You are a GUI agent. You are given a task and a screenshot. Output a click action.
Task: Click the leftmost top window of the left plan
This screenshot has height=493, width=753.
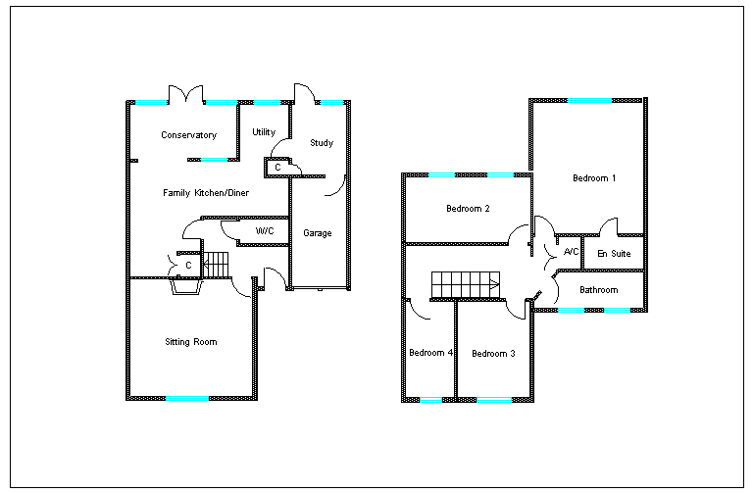tap(151, 102)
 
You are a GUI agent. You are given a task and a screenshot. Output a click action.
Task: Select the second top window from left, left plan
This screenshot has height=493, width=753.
tap(222, 102)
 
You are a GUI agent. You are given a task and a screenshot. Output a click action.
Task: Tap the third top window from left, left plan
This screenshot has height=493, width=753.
tap(267, 102)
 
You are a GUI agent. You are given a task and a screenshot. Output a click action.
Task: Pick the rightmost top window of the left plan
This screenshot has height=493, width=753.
tap(332, 102)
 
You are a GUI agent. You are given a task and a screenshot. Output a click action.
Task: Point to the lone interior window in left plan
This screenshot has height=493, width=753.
tap(214, 160)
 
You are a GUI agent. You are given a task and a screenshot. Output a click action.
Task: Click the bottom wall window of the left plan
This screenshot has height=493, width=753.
tap(187, 398)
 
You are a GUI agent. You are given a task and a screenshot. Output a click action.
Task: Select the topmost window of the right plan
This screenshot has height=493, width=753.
tap(589, 100)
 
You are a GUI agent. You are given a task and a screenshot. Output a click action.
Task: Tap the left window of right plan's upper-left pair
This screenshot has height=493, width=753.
tap(441, 174)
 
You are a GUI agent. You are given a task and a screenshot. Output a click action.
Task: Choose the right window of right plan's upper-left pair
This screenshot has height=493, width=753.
tap(500, 174)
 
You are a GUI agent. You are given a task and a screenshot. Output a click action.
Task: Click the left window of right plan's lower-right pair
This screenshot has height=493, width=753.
tap(571, 310)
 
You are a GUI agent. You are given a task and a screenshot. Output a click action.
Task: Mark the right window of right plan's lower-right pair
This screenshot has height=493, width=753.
tap(617, 310)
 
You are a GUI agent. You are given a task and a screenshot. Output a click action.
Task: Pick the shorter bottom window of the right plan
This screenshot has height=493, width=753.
tap(430, 400)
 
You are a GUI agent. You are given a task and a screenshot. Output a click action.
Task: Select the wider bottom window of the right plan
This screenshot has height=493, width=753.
tap(494, 400)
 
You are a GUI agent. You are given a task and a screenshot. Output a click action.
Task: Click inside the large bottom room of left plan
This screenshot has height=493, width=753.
tap(191, 338)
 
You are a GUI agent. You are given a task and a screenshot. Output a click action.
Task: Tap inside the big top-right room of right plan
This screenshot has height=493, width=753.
tap(588, 167)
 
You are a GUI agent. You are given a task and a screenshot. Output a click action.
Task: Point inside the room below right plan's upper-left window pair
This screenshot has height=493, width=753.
tap(467, 209)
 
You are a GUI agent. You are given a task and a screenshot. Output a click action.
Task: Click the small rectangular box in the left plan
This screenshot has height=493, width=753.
tap(277, 167)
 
